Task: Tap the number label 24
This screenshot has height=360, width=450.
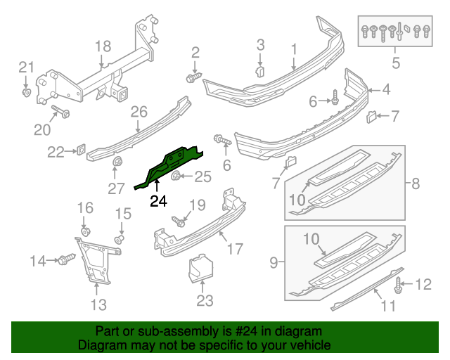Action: point(159,201)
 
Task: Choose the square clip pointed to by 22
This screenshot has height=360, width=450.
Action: point(81,150)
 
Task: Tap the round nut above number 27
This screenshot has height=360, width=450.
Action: point(115,165)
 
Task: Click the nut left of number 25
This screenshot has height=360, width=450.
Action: point(176,176)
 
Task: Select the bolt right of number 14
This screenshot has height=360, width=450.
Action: point(67,261)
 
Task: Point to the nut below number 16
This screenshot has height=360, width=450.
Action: point(85,231)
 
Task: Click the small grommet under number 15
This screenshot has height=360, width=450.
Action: point(120,240)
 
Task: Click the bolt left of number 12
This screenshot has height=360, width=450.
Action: point(399,285)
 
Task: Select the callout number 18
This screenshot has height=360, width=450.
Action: point(103,46)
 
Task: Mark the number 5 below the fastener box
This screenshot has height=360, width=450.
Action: point(395,64)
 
